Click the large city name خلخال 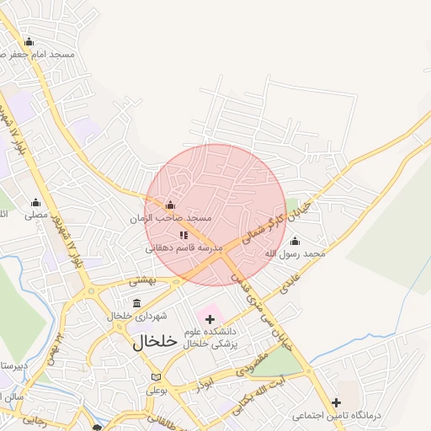point(156,342)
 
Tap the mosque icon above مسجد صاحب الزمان point(170,205)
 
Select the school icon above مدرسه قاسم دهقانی point(184,235)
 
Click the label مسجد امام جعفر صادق point(38,54)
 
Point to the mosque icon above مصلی point(35,202)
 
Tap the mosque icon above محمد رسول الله point(295,241)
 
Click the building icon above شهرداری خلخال point(137,302)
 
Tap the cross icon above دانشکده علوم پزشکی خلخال point(210,319)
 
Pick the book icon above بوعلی point(155,376)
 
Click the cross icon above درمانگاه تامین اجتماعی point(337,402)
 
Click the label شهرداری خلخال point(137,316)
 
